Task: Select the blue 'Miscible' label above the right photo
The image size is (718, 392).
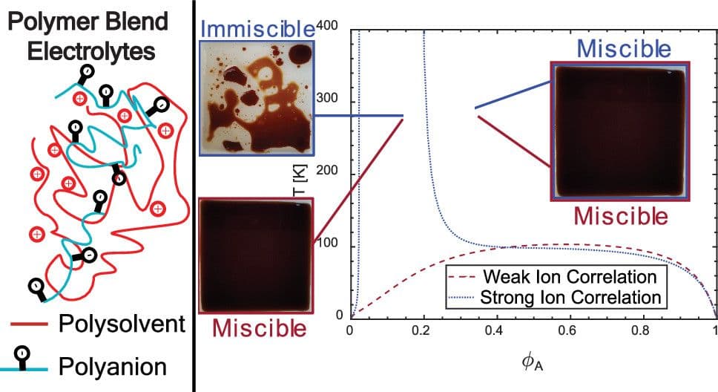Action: coord(624,49)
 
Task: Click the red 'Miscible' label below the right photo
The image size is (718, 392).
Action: coord(621,216)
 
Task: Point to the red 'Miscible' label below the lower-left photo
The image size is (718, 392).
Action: coord(258,327)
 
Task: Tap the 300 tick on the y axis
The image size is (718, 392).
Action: coord(327,100)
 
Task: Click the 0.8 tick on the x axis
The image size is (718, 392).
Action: coord(642,330)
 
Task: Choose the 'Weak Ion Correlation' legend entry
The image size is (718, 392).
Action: coord(570,278)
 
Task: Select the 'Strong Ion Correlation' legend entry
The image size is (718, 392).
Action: coord(570,298)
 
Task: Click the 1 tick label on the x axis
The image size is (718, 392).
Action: coord(714,330)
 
